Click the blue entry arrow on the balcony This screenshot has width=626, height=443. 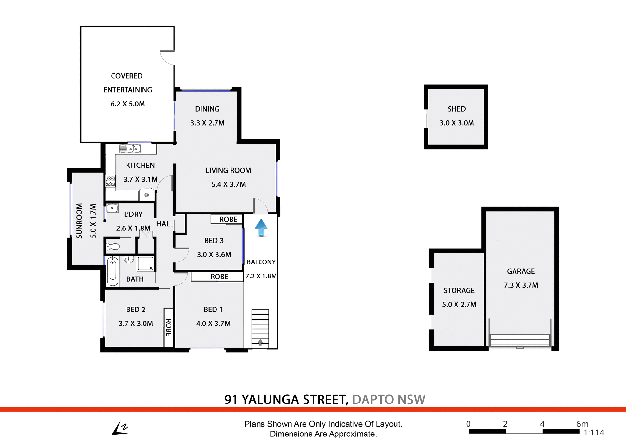[x=261, y=227]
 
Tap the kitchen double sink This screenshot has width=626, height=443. [x=130, y=149]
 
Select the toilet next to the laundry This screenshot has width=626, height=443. [x=113, y=246]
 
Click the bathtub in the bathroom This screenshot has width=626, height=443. [x=113, y=271]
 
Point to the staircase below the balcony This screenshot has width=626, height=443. [x=260, y=328]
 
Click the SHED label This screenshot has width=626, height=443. [x=456, y=109]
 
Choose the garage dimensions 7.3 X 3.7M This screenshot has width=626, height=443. [x=521, y=285]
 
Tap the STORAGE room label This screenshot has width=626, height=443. [x=459, y=290]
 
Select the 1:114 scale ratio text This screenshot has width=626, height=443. [x=593, y=433]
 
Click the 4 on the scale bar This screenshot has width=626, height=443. [x=542, y=424]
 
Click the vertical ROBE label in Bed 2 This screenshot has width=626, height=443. [x=168, y=327]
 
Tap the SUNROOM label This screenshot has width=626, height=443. [x=79, y=221]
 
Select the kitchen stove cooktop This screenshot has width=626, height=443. [x=111, y=181]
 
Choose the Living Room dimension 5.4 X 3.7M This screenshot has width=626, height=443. [x=228, y=184]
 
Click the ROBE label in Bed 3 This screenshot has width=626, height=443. [x=228, y=219]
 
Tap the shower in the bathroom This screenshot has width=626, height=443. [x=145, y=263]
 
